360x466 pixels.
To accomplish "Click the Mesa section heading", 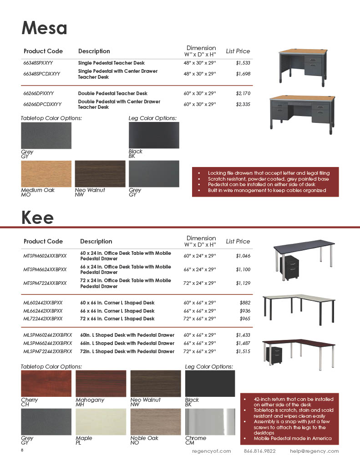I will click(44, 28).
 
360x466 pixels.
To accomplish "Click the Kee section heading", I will click(37, 218).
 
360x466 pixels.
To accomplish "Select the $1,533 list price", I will click(243, 63).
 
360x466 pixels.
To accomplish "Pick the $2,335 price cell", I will click(243, 104).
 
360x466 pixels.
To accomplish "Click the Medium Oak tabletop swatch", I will click(46, 174).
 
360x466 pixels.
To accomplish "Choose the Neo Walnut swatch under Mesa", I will click(100, 174).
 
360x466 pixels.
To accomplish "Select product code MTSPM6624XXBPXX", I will click(45, 269).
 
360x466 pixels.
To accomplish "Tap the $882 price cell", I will click(245, 303).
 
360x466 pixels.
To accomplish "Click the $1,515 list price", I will click(243, 351).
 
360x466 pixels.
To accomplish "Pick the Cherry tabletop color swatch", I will click(46, 383).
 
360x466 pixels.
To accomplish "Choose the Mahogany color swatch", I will click(101, 383).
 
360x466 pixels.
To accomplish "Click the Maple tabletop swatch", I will click(101, 421).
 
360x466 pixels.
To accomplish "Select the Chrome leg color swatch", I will click(210, 421).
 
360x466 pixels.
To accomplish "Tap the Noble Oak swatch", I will click(155, 421).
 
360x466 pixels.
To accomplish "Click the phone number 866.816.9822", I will click(259, 451).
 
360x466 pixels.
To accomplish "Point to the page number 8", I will click(22, 450).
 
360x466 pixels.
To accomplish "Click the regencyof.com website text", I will click(211, 451).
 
